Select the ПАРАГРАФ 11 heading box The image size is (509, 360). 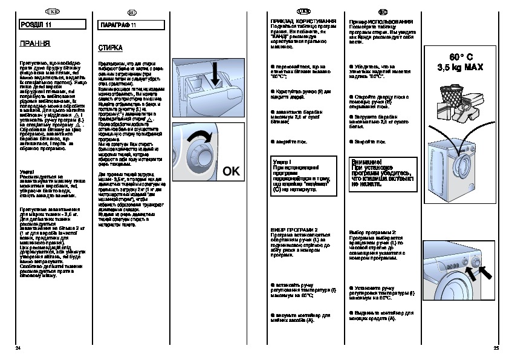click(x=129, y=24)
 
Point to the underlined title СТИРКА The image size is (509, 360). click(x=110, y=47)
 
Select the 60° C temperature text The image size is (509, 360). click(x=459, y=57)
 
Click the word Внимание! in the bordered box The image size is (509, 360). click(x=365, y=162)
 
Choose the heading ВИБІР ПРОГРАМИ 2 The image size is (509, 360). click(x=294, y=230)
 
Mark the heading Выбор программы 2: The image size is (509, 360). click(x=373, y=232)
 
